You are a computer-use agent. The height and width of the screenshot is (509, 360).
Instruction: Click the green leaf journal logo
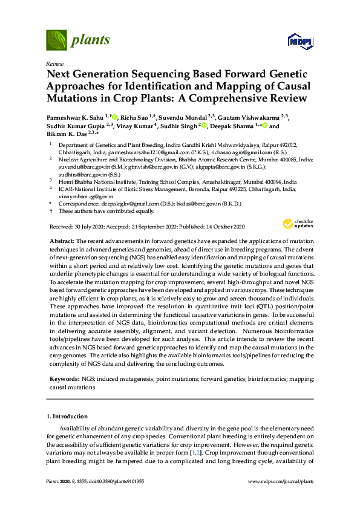coord(57,41)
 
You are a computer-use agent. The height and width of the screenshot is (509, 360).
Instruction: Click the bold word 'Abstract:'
coord(62,241)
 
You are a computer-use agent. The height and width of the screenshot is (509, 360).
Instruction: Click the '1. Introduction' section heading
coord(67,417)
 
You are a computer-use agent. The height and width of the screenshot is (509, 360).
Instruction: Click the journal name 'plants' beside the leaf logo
coord(91,41)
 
